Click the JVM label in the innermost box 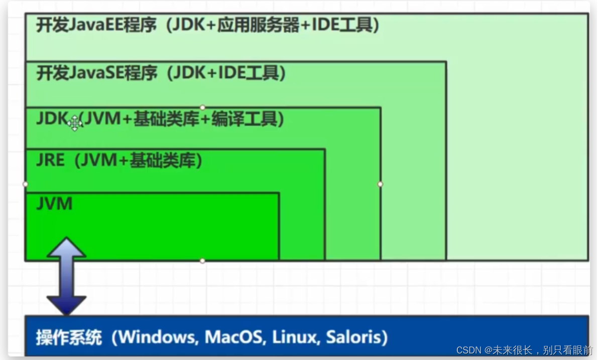54,203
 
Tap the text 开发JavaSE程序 96,73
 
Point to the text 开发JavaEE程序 96,25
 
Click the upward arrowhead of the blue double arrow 66,247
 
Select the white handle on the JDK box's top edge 202,108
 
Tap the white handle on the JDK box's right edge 380,184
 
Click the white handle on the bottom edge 202,261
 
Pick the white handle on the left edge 25,184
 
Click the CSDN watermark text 524,350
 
